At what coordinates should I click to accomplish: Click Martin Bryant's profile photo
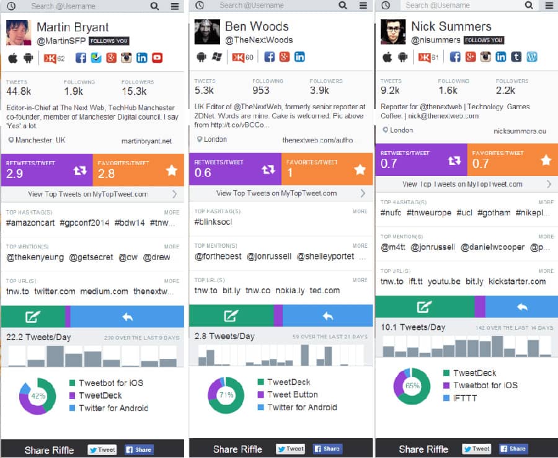point(19,33)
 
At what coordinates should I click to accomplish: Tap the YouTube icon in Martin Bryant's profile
point(157,58)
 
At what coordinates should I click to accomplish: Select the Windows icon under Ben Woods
point(217,57)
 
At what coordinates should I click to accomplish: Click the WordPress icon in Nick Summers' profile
point(531,57)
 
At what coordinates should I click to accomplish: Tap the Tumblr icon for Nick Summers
point(516,57)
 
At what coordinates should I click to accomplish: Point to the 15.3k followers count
point(134,92)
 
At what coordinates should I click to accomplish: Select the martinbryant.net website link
point(146,141)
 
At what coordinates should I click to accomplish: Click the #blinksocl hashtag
point(213,222)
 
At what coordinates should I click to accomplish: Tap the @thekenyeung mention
point(35,257)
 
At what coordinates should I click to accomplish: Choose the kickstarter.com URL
point(517,281)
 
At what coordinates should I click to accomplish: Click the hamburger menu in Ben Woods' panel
point(361,6)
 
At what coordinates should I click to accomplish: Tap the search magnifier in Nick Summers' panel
point(529,6)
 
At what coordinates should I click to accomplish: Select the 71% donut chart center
point(226,395)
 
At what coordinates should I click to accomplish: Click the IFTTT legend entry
point(464,398)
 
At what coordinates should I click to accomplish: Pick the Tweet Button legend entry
point(292,395)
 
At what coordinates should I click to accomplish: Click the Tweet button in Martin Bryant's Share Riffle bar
point(102,450)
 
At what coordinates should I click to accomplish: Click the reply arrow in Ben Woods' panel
point(327,316)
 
